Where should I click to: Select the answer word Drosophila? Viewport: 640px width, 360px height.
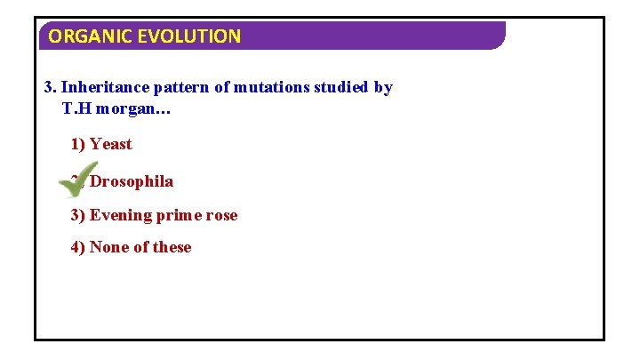click(132, 181)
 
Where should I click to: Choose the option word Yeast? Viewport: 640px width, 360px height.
click(110, 144)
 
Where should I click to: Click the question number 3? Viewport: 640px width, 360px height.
click(50, 87)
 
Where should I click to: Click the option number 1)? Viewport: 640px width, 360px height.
click(78, 144)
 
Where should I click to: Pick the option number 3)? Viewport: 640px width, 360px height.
click(78, 215)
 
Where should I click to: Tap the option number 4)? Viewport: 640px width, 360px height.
click(78, 247)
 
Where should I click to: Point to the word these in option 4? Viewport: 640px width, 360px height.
click(172, 247)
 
